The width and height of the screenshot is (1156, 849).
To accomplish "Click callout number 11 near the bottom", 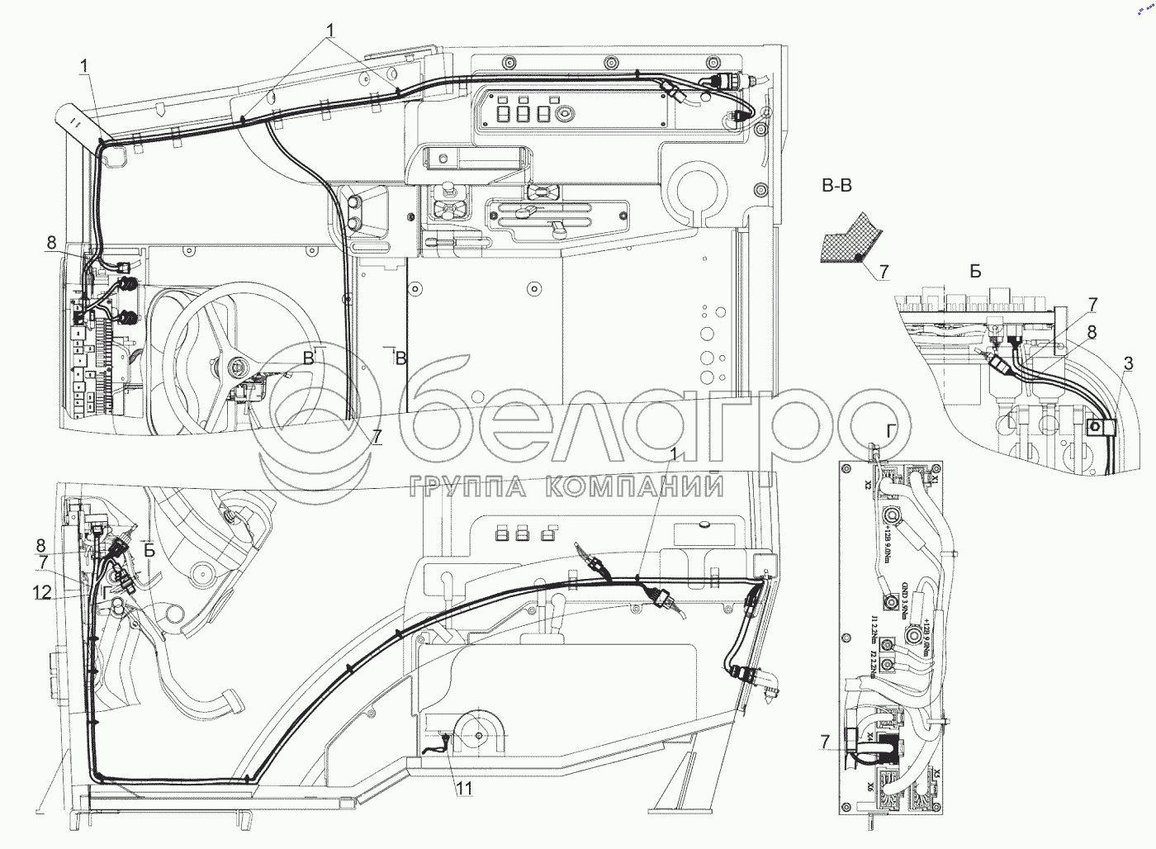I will (x=465, y=789).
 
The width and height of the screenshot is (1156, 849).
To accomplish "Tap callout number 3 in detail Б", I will (x=1128, y=363).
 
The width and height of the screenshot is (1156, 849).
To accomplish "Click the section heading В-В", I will (x=836, y=187).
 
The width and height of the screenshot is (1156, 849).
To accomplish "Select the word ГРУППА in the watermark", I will (x=471, y=487).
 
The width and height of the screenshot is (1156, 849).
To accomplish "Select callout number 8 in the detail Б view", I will (x=1092, y=332).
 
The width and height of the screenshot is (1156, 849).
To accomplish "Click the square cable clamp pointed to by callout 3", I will (x=1098, y=427).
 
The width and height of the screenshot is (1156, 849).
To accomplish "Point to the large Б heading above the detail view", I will (x=976, y=273).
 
